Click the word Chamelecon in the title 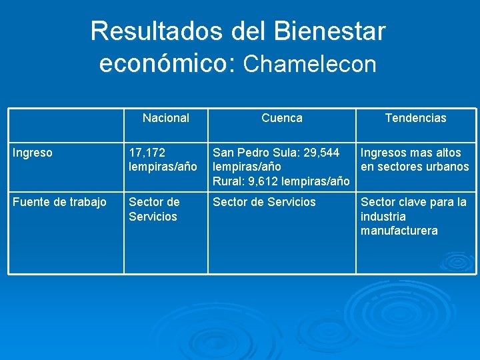coord(310,64)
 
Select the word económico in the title coord(167,64)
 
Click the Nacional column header coord(166,118)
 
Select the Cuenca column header coord(281,118)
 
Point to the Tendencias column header coord(415,118)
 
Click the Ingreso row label coord(33,153)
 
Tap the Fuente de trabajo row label coord(60,202)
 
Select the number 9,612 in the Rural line coord(261,181)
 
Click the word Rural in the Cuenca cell coord(227,181)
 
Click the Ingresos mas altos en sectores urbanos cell coord(415,160)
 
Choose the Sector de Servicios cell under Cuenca coord(264,202)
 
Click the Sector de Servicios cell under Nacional coord(154,209)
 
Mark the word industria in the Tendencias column coord(383,217)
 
